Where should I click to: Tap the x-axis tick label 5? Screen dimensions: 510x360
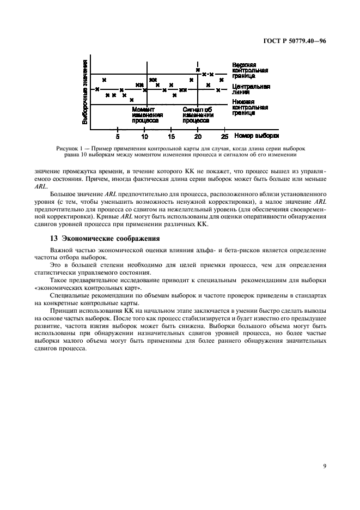tap(118, 137)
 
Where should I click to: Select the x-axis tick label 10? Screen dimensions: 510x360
tap(145, 137)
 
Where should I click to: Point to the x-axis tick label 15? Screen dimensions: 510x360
tap(172, 137)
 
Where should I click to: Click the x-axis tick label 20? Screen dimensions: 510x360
tap(198, 137)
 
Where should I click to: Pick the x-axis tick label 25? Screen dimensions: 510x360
tap(224, 137)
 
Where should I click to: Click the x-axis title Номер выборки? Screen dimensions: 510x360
tap(257, 136)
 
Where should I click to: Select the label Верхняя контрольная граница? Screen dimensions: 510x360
tap(250, 70)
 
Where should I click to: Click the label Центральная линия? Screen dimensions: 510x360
tap(250, 89)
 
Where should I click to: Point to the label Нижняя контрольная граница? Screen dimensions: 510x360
tap(250, 107)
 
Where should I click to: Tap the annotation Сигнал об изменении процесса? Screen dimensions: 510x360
tap(198, 115)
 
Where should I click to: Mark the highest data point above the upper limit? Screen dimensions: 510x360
tap(198, 70)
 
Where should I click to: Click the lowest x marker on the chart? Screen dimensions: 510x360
tap(131, 100)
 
